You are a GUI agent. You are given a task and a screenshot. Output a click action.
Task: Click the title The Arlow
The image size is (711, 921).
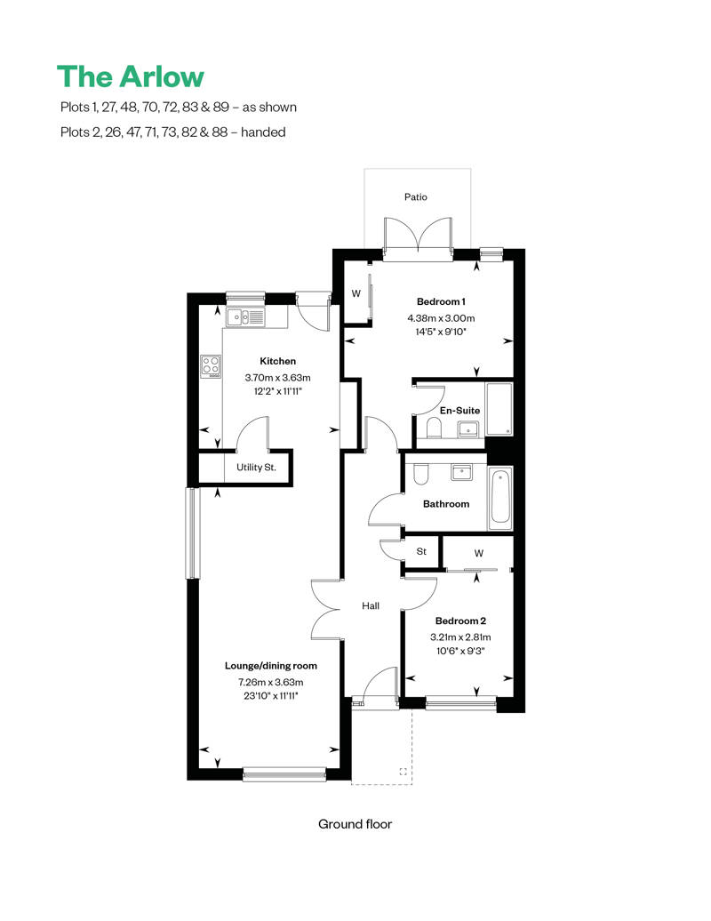coord(131,76)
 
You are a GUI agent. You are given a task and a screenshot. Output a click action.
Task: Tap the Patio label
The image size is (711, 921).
coord(416,196)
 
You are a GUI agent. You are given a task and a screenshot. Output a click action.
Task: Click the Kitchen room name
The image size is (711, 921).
coord(277,361)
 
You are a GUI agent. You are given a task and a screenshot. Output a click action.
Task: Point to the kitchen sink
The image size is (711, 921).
coord(244,316)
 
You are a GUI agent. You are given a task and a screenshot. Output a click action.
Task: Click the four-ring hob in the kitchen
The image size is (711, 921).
coord(211,364)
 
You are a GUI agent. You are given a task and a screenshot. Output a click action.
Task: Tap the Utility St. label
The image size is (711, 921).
coord(256,467)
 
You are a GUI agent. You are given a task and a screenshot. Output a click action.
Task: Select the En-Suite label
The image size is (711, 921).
coord(461,410)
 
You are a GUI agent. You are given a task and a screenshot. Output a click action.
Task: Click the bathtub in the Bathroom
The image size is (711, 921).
coord(500,499)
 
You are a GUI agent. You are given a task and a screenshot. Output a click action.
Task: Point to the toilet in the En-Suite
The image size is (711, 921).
coord(434,430)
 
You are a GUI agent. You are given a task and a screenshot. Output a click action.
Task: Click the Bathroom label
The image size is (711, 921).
coord(445,504)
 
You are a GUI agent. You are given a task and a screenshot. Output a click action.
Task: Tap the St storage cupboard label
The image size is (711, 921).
coord(421,552)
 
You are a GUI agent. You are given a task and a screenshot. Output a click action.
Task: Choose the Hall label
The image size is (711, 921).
coord(371,605)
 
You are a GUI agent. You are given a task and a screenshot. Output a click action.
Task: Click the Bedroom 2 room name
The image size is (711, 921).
coord(459,621)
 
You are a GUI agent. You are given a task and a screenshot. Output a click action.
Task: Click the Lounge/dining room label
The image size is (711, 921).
coord(270,665)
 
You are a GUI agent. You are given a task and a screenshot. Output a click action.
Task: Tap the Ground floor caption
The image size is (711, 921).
coord(355,824)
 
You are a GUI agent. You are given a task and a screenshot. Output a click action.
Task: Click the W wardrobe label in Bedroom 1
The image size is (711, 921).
coord(355,294)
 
